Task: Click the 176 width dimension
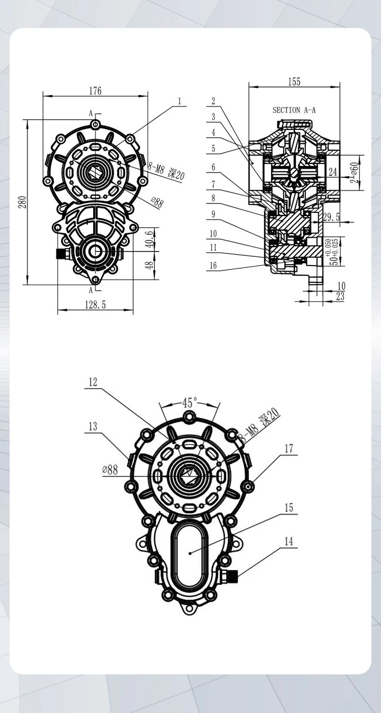95,90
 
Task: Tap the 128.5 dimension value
95,305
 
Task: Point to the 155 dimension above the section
294,82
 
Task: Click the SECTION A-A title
294,110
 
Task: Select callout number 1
179,101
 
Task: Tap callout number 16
213,265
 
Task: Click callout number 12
93,382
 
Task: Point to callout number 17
288,448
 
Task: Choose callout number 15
288,508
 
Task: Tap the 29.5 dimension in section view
331,218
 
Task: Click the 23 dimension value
340,297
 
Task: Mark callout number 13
93,426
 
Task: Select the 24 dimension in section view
333,172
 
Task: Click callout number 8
213,198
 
